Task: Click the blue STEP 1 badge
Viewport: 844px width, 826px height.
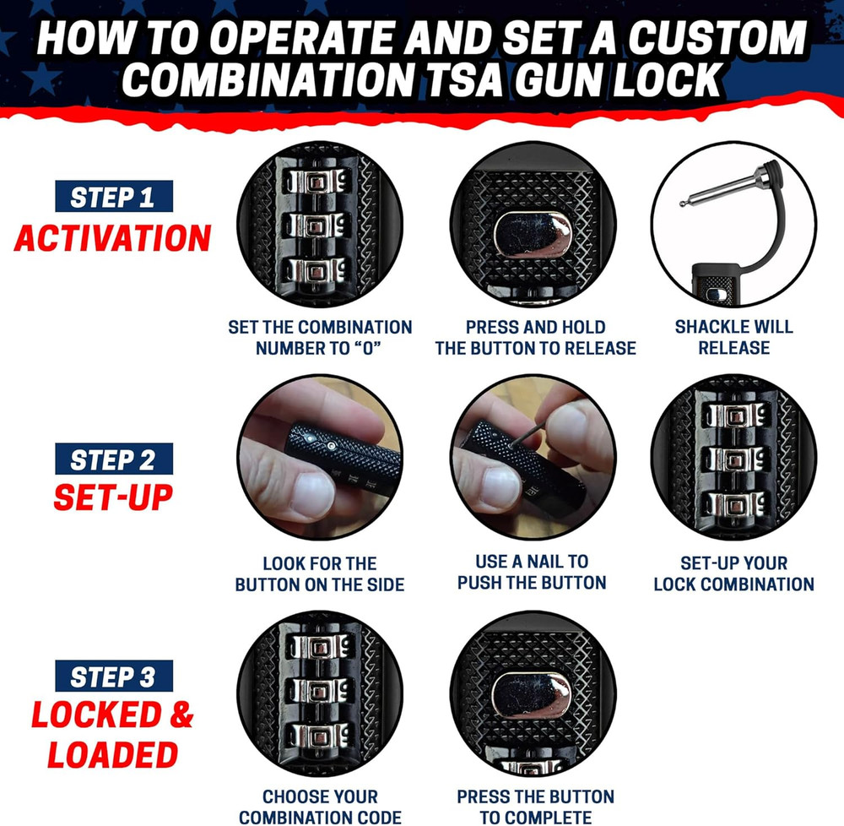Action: point(113,197)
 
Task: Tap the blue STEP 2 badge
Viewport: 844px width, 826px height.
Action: point(113,459)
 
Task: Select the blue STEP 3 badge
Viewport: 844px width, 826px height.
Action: point(113,677)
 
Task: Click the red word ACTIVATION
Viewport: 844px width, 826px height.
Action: point(112,239)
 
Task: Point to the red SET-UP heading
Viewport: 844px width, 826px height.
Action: point(113,497)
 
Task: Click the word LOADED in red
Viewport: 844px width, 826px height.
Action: point(112,754)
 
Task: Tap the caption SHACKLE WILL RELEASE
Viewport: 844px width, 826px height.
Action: point(733,337)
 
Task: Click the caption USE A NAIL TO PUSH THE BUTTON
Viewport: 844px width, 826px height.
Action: point(532,572)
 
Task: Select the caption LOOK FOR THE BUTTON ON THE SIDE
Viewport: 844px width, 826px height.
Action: point(320,573)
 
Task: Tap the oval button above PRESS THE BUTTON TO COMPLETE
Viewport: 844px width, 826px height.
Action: point(532,694)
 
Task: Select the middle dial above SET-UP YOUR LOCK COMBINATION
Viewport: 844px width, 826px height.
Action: point(733,460)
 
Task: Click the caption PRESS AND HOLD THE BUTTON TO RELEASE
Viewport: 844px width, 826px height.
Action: point(535,337)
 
